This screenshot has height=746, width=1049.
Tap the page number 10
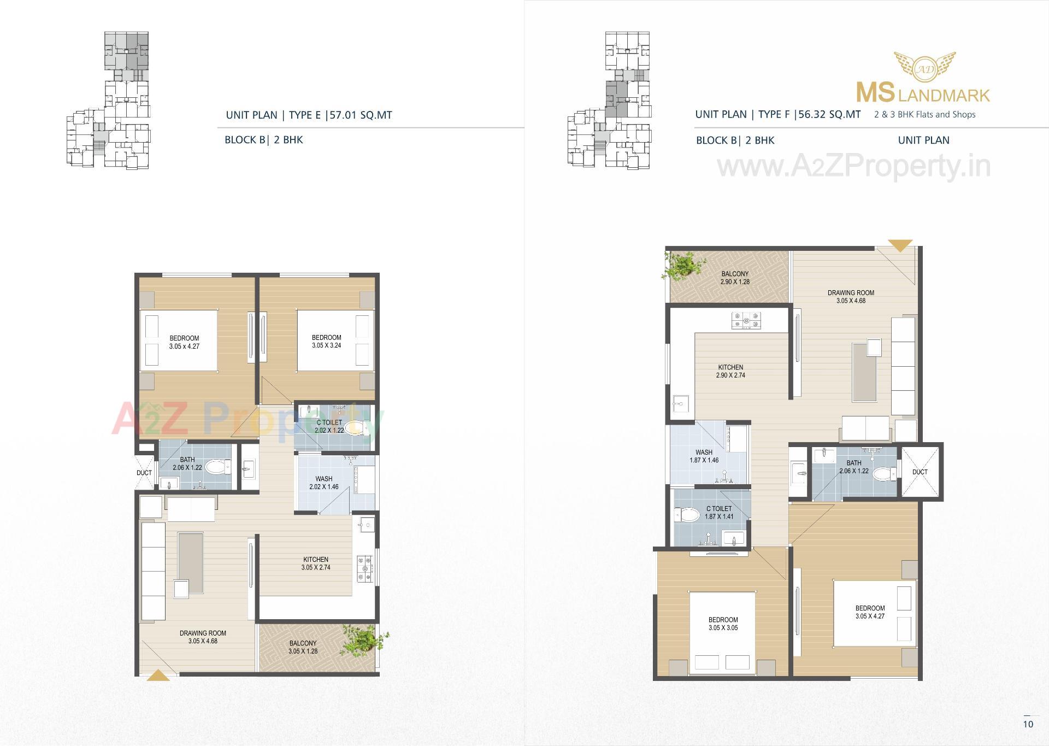click(1028, 724)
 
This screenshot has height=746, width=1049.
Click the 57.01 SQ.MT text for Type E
click(361, 115)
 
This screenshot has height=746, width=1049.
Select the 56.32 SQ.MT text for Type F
click(829, 114)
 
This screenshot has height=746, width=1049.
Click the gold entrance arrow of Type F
click(900, 245)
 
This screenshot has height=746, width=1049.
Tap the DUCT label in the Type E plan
click(144, 473)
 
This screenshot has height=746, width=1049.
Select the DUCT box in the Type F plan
click(920, 472)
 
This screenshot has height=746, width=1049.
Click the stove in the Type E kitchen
click(364, 568)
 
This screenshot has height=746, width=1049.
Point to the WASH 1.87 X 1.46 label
click(704, 456)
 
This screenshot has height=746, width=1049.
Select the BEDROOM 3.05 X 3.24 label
click(326, 342)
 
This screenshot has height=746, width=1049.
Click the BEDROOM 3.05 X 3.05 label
click(723, 624)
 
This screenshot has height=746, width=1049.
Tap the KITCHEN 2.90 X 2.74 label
click(730, 371)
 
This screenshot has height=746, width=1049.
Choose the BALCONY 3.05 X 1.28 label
click(303, 647)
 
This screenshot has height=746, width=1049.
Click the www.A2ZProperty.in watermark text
click(853, 166)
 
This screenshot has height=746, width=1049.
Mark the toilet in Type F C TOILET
click(688, 514)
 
